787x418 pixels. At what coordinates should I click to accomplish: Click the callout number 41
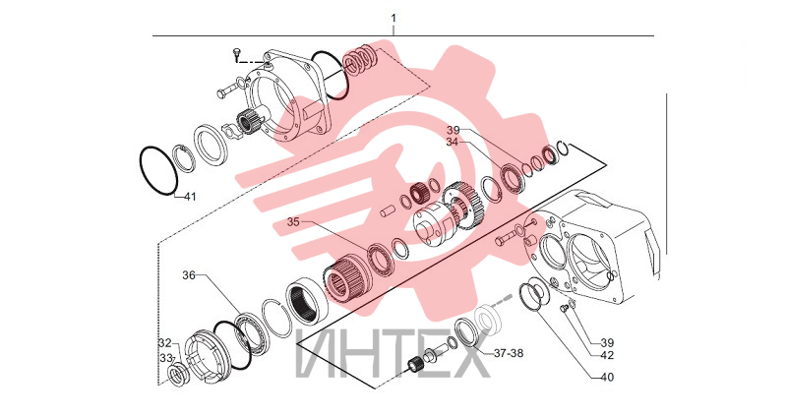(189, 197)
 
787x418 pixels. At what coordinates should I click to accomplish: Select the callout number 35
(293, 222)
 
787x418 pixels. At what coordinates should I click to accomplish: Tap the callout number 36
(189, 275)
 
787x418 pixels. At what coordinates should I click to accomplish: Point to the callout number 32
(164, 343)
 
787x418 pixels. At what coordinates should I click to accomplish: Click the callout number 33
(165, 358)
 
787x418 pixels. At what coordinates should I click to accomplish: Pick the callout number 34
(453, 142)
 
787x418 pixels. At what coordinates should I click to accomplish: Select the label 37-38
(509, 353)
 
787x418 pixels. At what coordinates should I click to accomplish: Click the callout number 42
(607, 355)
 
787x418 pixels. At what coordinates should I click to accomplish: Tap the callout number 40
(607, 377)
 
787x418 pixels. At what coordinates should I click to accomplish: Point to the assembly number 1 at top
(393, 18)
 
